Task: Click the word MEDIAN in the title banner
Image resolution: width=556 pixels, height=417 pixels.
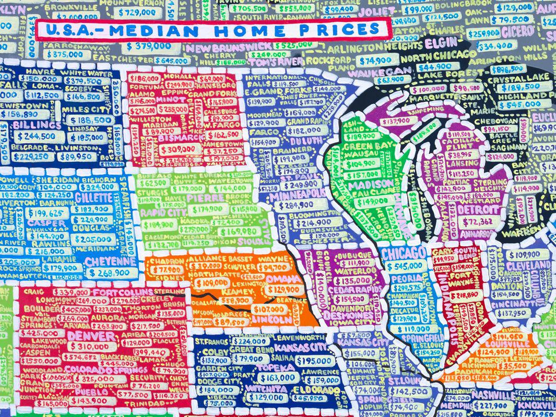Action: [x=155, y=30]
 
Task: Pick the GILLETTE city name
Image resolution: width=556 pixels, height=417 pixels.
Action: [x=93, y=198]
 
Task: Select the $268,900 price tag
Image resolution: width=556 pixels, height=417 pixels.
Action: [x=107, y=273]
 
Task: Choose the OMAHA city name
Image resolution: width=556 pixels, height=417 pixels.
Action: [x=284, y=280]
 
